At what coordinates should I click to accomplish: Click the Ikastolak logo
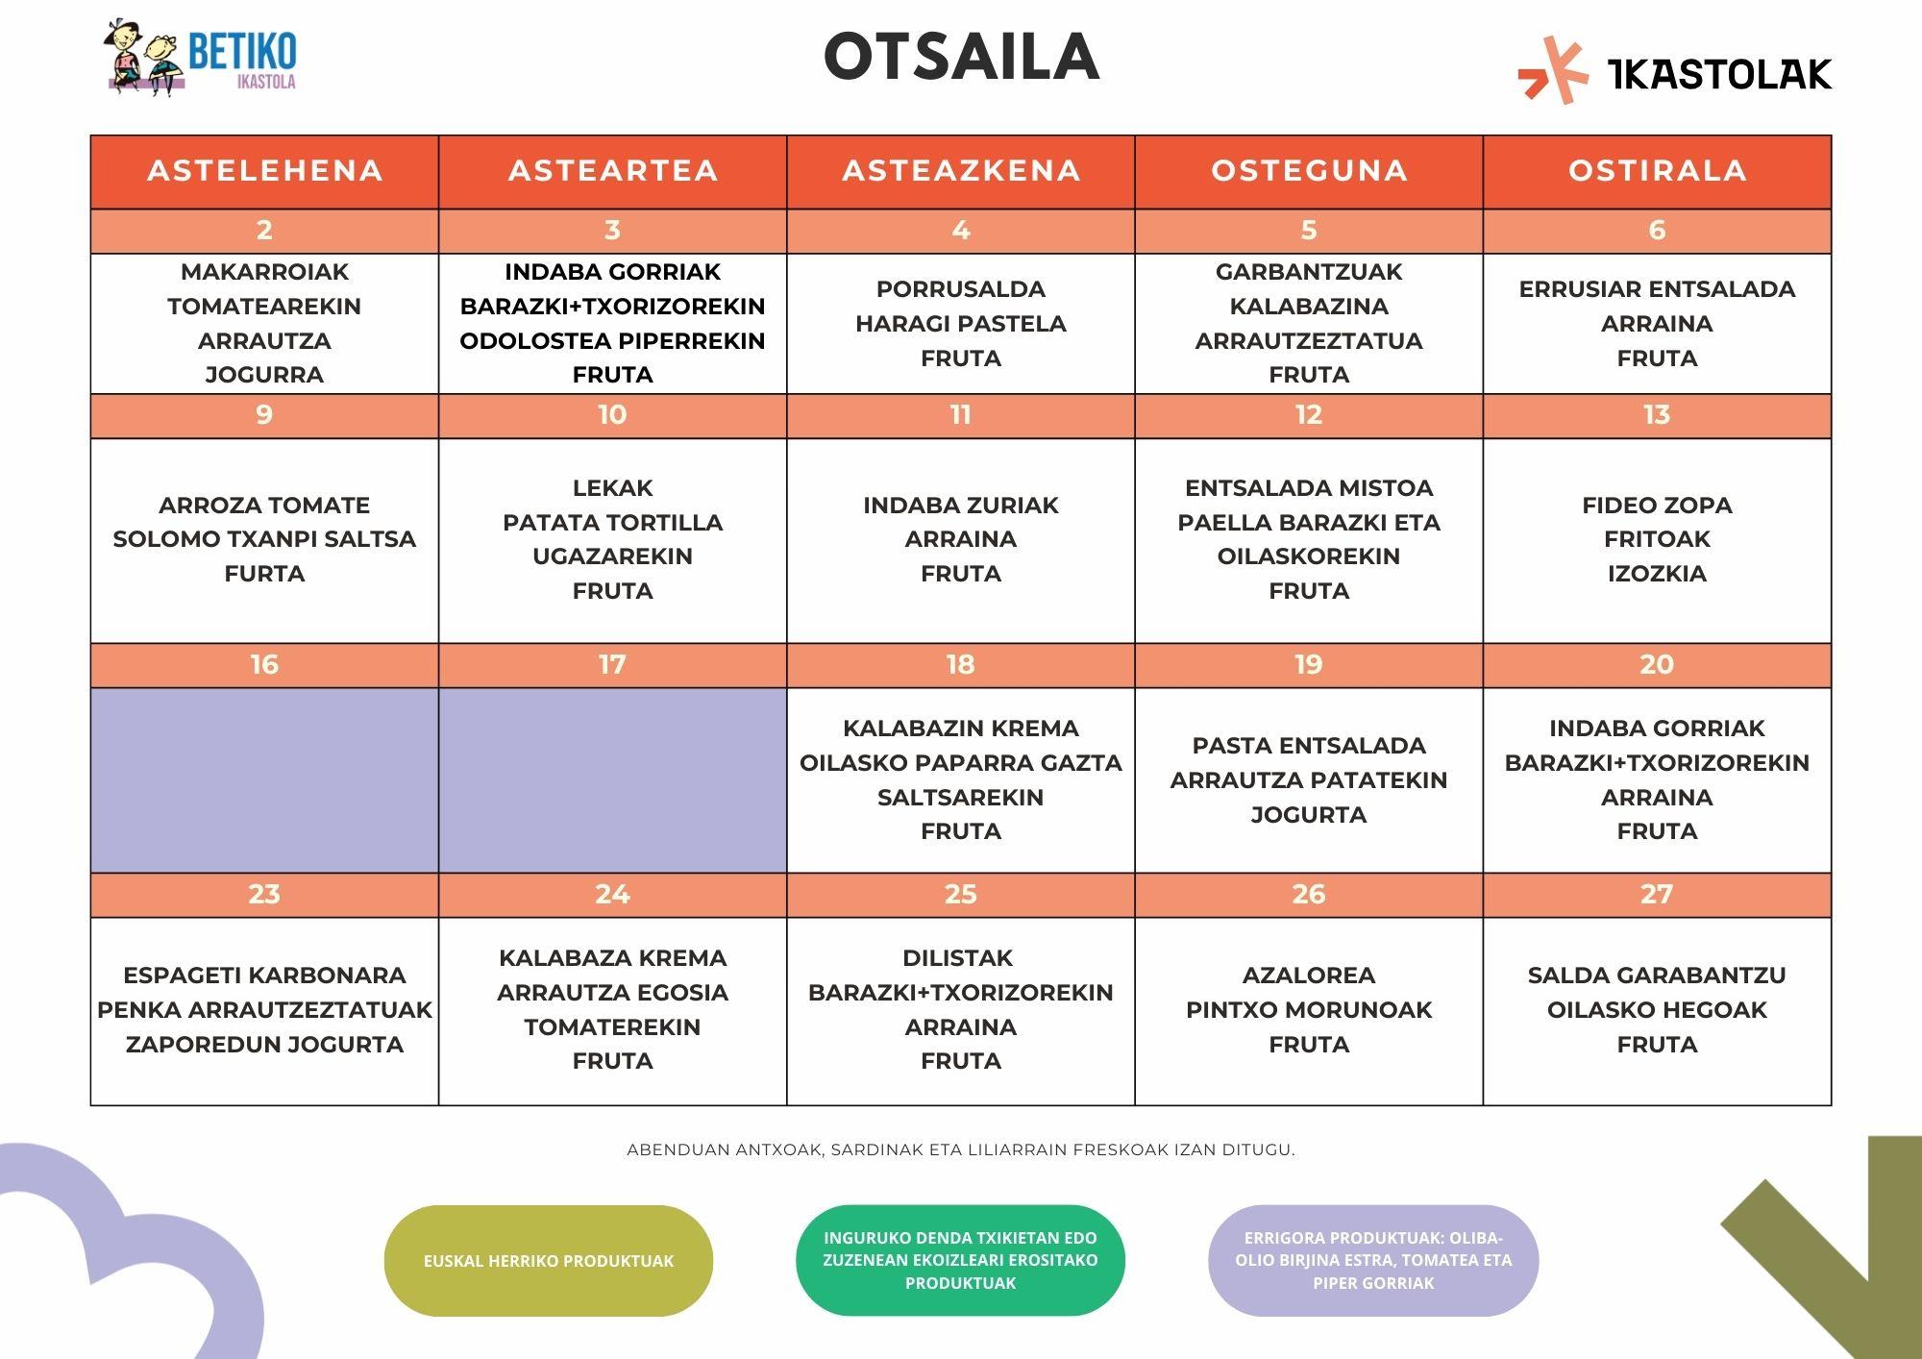point(1675,71)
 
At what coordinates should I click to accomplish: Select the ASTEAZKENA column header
point(961,171)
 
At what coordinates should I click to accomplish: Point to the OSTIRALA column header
point(1657,171)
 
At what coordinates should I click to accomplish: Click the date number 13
point(1657,415)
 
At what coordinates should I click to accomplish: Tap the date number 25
point(961,895)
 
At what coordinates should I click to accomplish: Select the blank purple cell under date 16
point(264,779)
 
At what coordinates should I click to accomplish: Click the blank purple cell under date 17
point(612,779)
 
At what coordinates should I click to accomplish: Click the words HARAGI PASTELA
point(961,324)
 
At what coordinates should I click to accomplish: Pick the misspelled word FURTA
point(264,574)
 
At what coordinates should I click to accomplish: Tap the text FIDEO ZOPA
point(1657,506)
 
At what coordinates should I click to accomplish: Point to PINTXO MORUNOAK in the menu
point(1309,1010)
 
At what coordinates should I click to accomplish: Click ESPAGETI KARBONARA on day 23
point(264,976)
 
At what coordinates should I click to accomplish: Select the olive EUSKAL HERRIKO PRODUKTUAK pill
point(549,1261)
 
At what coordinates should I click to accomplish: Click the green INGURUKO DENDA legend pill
point(961,1260)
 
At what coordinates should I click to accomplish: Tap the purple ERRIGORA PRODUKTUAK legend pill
point(1373,1260)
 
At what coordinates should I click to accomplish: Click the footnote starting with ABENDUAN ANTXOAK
point(961,1149)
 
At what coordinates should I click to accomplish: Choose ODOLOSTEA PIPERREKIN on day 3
point(612,341)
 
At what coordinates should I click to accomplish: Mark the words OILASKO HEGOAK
point(1657,1010)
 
